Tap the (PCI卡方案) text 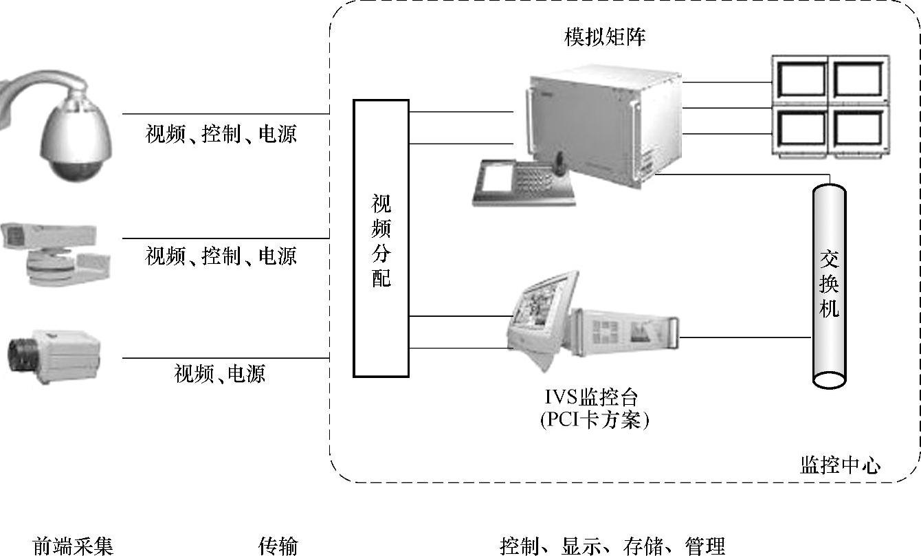(x=595, y=419)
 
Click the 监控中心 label (x=840, y=465)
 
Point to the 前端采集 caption (x=73, y=546)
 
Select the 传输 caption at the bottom (x=278, y=546)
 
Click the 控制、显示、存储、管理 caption (x=612, y=546)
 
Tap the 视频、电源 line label (x=220, y=374)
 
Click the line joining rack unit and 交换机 (x=746, y=337)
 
